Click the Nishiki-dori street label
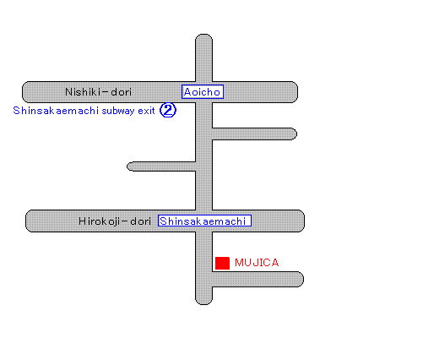[x=98, y=92]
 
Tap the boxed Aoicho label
[x=203, y=92]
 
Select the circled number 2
[x=168, y=110]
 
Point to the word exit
[x=146, y=111]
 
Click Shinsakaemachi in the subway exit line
[x=56, y=111]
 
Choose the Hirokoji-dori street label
[x=115, y=221]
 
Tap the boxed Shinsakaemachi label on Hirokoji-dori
[x=204, y=221]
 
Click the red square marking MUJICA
[x=222, y=263]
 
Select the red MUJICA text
[x=257, y=263]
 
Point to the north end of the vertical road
[x=203, y=35]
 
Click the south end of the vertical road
[x=203, y=304]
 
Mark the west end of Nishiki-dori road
[x=23, y=92]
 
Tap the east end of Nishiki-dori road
[x=297, y=92]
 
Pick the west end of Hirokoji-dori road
[x=26, y=221]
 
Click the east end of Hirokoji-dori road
[x=304, y=221]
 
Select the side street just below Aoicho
[x=254, y=134]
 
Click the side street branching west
[x=161, y=166]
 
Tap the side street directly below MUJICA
[x=258, y=280]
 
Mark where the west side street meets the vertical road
[x=196, y=166]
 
